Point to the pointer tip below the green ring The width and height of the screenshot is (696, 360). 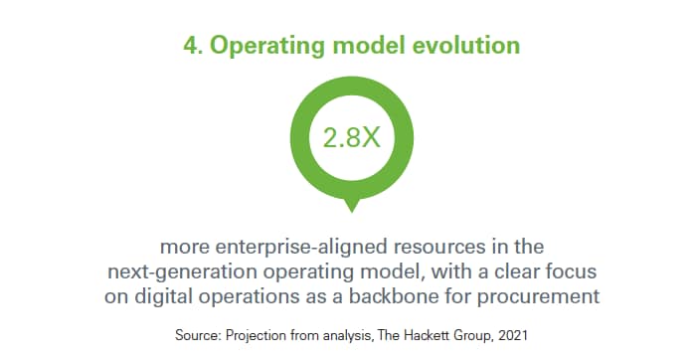[348, 209]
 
